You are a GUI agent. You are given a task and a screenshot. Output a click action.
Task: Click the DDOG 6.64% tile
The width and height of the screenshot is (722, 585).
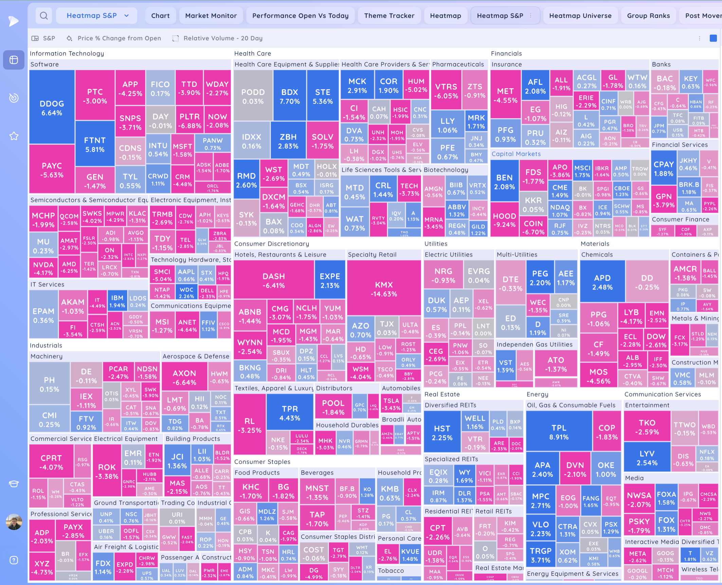(x=52, y=108)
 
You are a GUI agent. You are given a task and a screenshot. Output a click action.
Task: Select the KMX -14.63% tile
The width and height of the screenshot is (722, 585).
(x=384, y=289)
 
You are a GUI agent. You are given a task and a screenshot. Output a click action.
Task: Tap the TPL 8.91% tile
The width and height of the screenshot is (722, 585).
(x=559, y=432)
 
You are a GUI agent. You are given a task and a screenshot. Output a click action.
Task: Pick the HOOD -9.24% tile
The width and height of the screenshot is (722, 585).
(x=504, y=220)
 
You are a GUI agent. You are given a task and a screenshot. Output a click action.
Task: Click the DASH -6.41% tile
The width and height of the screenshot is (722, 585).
(x=273, y=280)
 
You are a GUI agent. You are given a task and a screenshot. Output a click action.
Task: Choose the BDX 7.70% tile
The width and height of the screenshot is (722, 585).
(x=289, y=96)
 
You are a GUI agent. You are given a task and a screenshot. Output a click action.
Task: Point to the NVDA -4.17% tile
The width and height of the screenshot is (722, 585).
(x=43, y=268)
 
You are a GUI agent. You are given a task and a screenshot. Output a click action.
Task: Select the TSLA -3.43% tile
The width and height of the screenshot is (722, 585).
(x=391, y=404)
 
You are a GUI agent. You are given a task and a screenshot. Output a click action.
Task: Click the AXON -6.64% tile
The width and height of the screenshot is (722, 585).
(x=184, y=377)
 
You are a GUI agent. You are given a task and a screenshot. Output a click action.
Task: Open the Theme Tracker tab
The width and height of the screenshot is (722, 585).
(x=389, y=16)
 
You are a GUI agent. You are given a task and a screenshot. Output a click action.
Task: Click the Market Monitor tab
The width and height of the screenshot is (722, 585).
(x=211, y=16)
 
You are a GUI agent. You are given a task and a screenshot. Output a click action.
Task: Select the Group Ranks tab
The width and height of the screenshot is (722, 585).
(x=648, y=16)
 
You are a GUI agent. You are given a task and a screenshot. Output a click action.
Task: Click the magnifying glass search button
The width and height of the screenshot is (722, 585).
(x=44, y=16)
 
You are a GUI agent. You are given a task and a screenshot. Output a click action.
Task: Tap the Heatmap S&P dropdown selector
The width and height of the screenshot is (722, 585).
(x=97, y=16)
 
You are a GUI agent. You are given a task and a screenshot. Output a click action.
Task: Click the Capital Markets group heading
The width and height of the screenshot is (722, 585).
(x=516, y=154)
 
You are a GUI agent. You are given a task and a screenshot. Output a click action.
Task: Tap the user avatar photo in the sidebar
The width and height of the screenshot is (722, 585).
(x=14, y=522)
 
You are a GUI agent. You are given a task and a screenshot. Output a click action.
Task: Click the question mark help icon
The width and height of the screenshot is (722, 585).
(x=14, y=560)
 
